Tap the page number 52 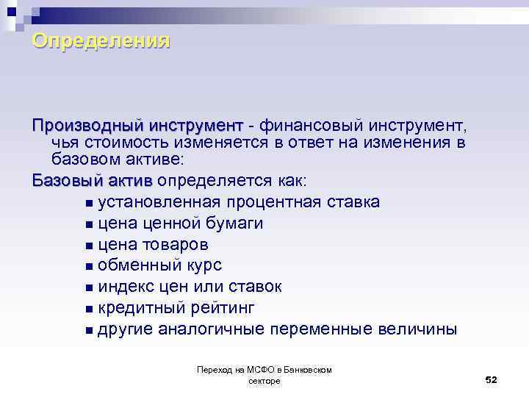492,379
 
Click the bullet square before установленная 89,203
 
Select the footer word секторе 264,381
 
